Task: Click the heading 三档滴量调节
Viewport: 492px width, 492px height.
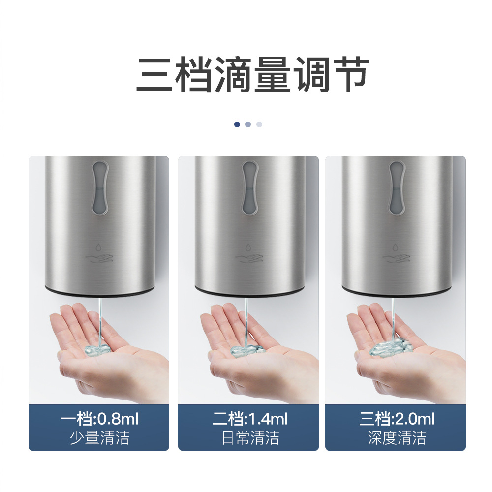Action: click(252, 75)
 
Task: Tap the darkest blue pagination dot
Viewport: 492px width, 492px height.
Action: click(237, 124)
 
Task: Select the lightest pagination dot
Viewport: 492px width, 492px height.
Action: click(259, 124)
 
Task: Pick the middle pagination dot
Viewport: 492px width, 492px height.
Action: click(248, 124)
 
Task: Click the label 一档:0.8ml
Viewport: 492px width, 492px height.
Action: click(99, 419)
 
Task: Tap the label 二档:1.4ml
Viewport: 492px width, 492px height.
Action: click(250, 419)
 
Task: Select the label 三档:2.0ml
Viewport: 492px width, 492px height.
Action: click(397, 419)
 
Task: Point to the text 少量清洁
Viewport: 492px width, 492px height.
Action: click(99, 438)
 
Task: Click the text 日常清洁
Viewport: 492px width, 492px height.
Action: click(250, 438)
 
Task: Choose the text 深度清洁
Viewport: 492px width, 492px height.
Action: click(397, 438)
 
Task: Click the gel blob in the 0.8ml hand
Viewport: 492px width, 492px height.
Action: click(97, 350)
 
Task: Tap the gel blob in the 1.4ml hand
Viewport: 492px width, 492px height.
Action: click(247, 350)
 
